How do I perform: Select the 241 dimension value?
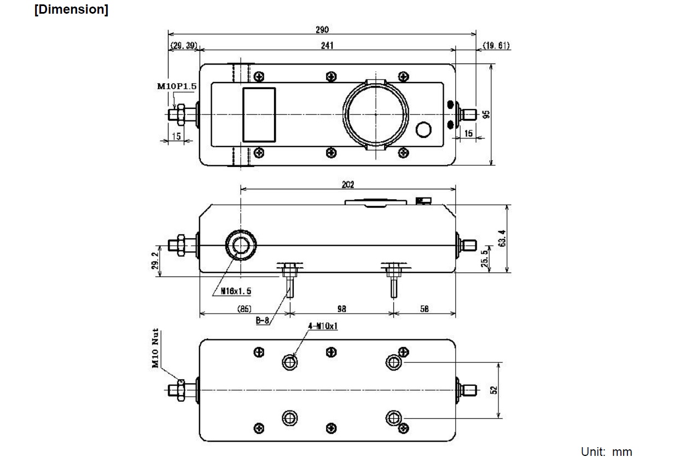pyautogui.click(x=327, y=45)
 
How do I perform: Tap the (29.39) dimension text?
pyautogui.click(x=183, y=45)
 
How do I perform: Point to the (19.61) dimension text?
pyautogui.click(x=496, y=45)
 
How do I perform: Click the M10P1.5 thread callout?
pyautogui.click(x=177, y=86)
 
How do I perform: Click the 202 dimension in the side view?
pyautogui.click(x=348, y=184)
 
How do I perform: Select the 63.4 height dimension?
pyautogui.click(x=502, y=239)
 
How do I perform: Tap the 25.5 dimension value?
pyautogui.click(x=484, y=258)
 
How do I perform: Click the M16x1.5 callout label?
pyautogui.click(x=236, y=291)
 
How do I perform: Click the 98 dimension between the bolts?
pyautogui.click(x=341, y=309)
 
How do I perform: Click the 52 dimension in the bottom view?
pyautogui.click(x=493, y=390)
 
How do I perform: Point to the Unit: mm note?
pyautogui.click(x=606, y=452)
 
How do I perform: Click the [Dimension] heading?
pyautogui.click(x=71, y=10)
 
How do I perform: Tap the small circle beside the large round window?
pyautogui.click(x=423, y=130)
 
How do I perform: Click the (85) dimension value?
pyautogui.click(x=244, y=309)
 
